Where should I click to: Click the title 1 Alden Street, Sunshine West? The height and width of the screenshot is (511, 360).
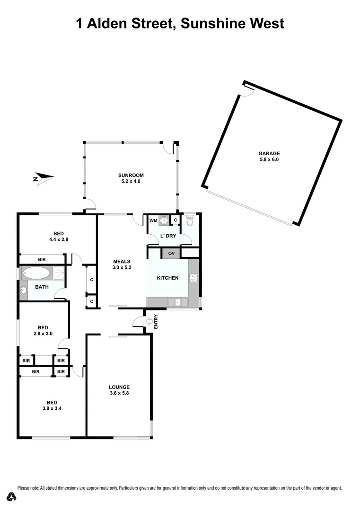click(x=180, y=23)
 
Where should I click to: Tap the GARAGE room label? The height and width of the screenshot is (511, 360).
click(x=269, y=153)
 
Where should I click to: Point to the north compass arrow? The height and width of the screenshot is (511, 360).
click(x=43, y=178)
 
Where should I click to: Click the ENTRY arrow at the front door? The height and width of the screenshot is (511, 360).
click(x=150, y=322)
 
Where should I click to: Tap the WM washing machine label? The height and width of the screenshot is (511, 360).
click(x=153, y=220)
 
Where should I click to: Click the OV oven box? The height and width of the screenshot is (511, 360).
click(x=171, y=254)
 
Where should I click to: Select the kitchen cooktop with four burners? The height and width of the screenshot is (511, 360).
click(x=193, y=278)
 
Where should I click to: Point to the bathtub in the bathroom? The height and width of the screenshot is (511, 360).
click(x=36, y=273)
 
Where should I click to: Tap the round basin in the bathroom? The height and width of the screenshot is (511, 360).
click(x=24, y=291)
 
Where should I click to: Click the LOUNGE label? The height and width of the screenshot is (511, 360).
click(x=119, y=387)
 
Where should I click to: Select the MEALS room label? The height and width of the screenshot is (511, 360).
click(x=122, y=261)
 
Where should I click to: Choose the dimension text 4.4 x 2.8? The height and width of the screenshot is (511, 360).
click(x=59, y=239)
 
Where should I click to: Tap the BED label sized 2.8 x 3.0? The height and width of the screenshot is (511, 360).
click(x=43, y=327)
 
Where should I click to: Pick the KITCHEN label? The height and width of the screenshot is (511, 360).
click(x=167, y=278)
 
